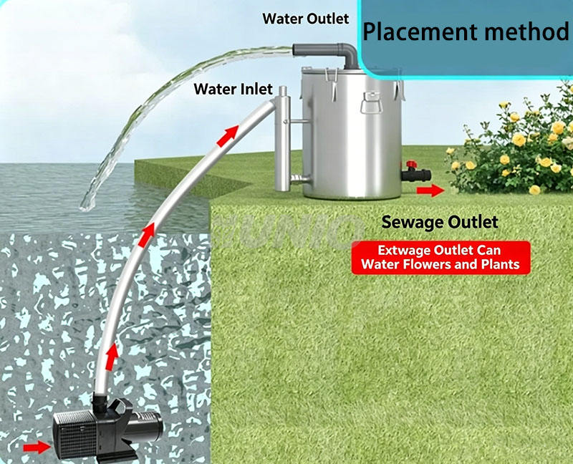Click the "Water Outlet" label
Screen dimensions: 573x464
click(306, 19)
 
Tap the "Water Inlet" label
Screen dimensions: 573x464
click(233, 89)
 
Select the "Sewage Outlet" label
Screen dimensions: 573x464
click(440, 222)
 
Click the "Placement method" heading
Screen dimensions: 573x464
click(466, 32)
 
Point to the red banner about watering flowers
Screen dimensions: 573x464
click(440, 258)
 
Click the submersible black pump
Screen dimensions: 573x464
click(108, 430)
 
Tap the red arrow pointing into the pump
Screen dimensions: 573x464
click(37, 448)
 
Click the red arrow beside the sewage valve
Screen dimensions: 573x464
click(430, 190)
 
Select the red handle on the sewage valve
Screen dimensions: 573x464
click(412, 165)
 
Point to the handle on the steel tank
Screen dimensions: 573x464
click(372, 103)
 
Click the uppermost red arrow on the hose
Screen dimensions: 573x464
click(227, 136)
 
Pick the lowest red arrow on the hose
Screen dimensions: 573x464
click(112, 356)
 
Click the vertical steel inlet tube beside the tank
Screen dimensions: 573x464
click(282, 139)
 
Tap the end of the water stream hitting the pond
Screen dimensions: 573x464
click(86, 207)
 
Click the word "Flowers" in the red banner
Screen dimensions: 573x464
click(429, 264)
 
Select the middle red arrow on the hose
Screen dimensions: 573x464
click(147, 235)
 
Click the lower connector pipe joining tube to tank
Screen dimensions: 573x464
click(300, 178)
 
